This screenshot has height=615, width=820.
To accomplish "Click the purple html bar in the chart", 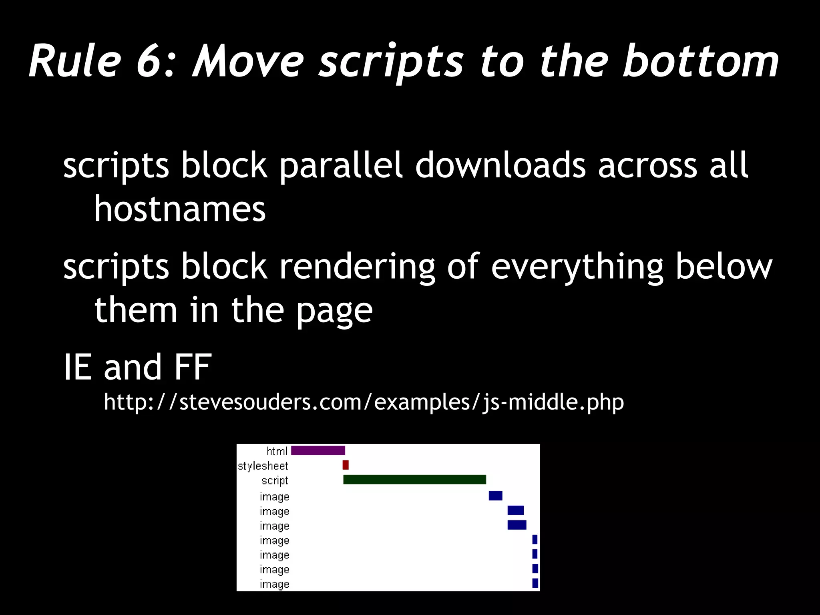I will (x=318, y=450).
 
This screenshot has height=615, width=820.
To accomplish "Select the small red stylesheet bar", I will (x=346, y=465).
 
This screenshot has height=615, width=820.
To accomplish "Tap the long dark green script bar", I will (x=414, y=479).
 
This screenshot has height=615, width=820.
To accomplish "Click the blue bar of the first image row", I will (x=495, y=496).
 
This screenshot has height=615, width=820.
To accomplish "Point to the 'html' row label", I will (x=277, y=451).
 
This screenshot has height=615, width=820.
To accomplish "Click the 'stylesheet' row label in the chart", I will (x=263, y=466).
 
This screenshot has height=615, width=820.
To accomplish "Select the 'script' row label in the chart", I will (x=275, y=480).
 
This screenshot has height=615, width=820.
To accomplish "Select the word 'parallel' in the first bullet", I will (x=340, y=165).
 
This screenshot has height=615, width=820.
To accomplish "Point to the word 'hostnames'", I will (x=180, y=209).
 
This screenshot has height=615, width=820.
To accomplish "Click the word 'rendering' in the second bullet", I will (x=357, y=267).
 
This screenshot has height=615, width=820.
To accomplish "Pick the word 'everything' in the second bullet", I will (x=577, y=267).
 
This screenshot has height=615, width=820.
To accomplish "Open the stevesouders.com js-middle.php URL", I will (x=364, y=402).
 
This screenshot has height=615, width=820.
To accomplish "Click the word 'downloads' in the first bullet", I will (x=500, y=165).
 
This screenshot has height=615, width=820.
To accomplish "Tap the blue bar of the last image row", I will (x=535, y=583).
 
